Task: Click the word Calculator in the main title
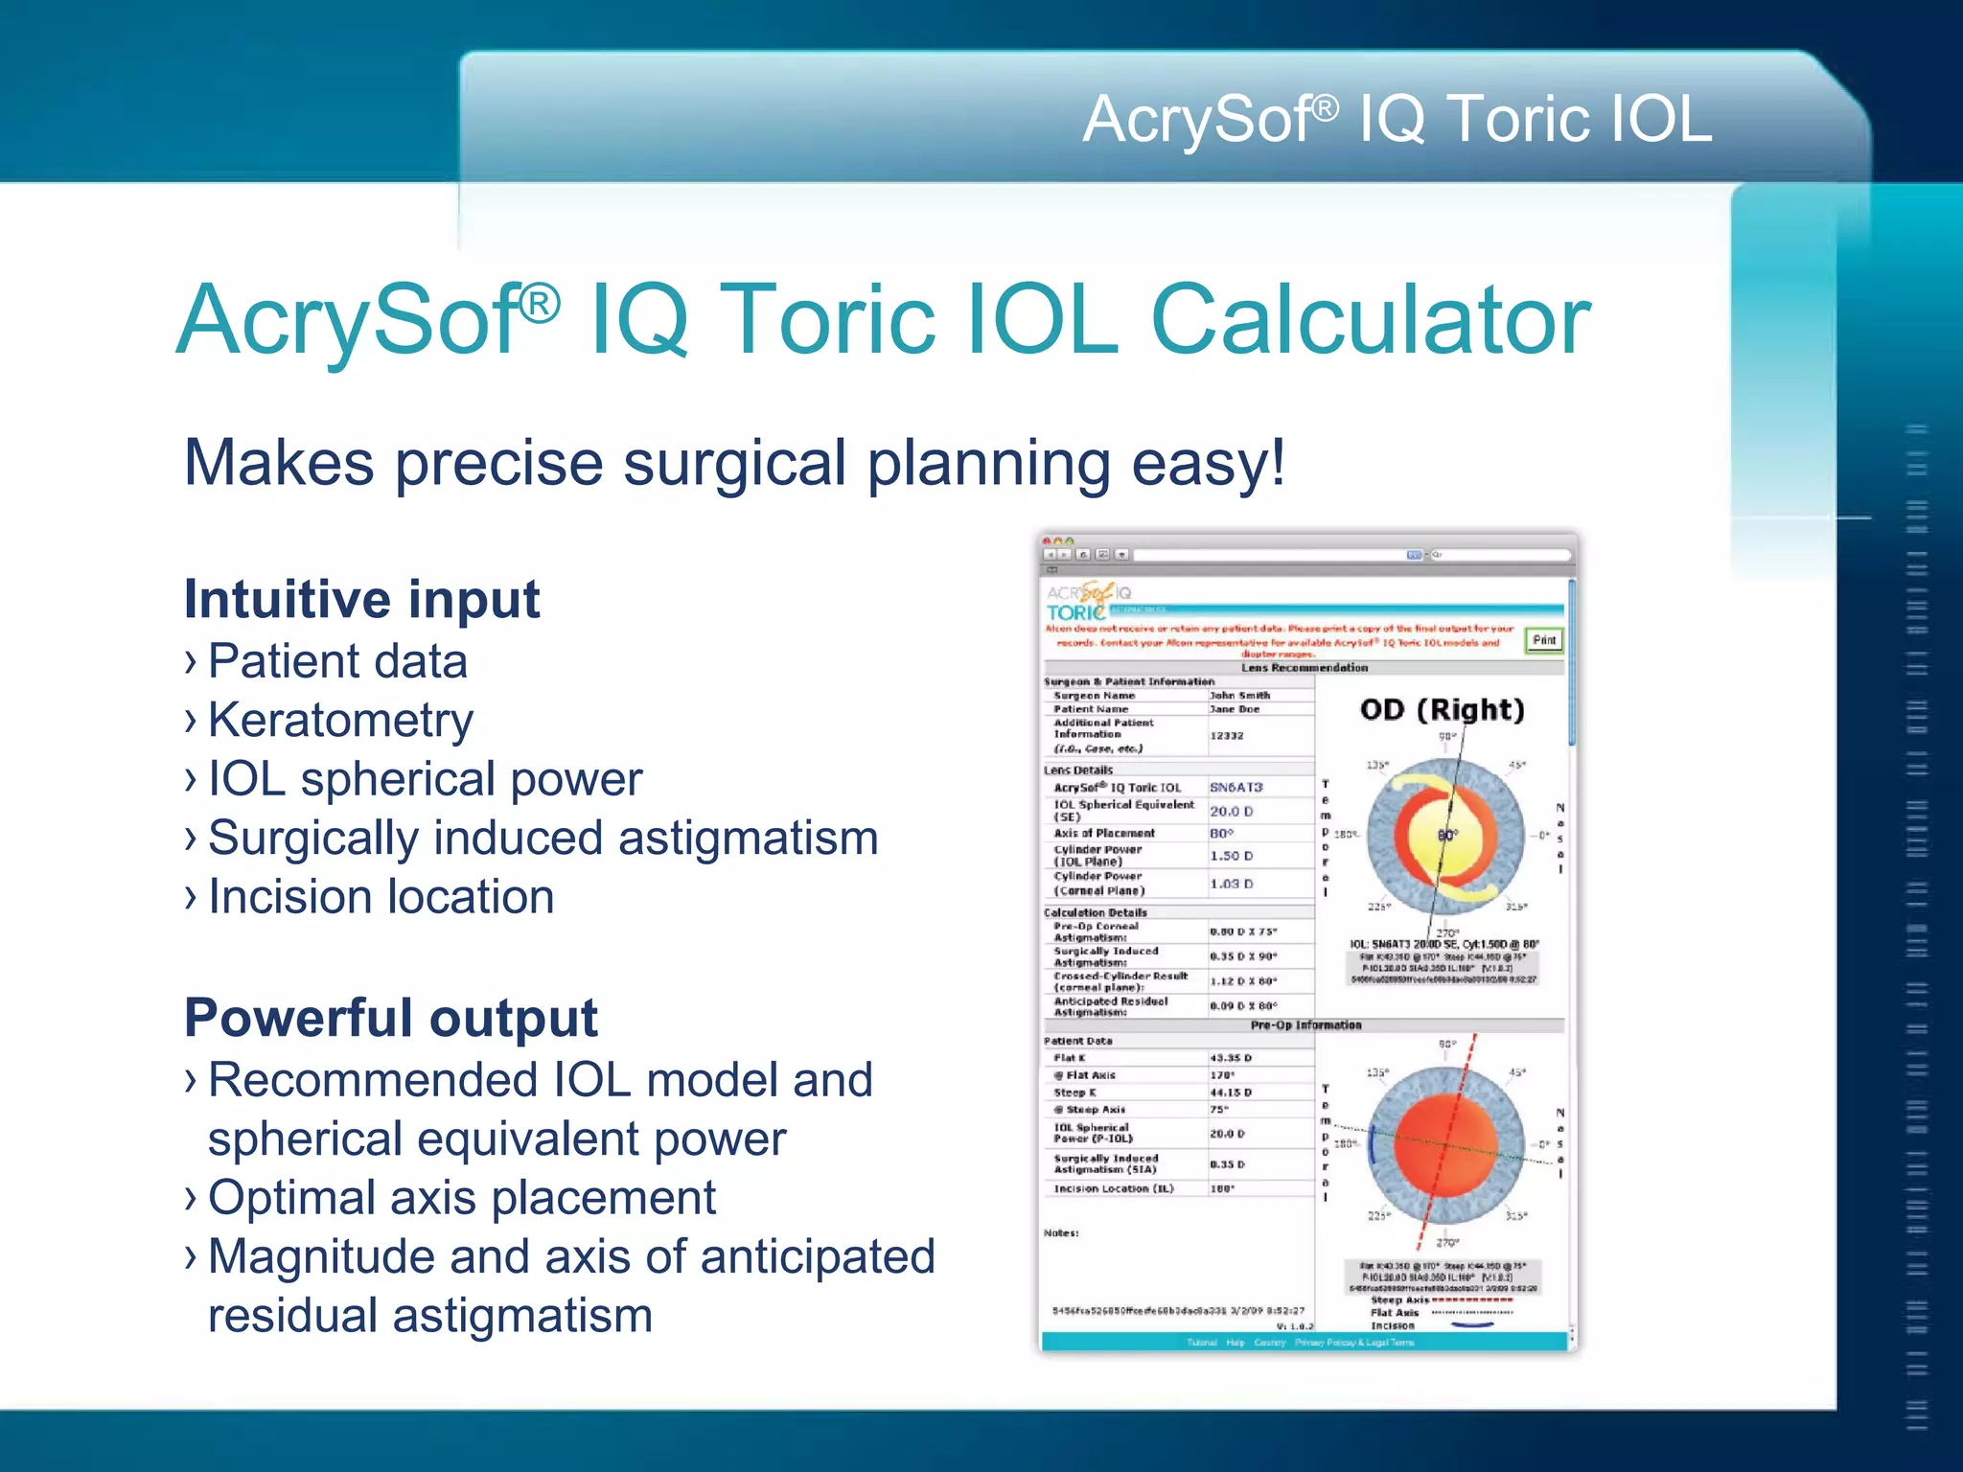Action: [1371, 321]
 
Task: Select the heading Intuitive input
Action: [361, 600]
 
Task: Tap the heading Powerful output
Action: [390, 1018]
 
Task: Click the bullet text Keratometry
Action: [340, 721]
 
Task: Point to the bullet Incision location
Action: [381, 898]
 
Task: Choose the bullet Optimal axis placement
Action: [461, 1198]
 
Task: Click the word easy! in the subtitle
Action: [1208, 463]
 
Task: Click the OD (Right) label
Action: [1442, 710]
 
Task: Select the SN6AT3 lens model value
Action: [1236, 787]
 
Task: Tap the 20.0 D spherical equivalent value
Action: [1231, 811]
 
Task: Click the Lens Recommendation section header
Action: [1305, 668]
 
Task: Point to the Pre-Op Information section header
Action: [1305, 1025]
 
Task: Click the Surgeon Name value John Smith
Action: [1239, 696]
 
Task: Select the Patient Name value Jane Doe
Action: [1235, 709]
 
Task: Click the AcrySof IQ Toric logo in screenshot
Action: [1088, 602]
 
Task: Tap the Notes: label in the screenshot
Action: [1061, 1233]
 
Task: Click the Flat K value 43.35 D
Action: [1231, 1058]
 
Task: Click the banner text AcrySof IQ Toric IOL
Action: [1397, 120]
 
